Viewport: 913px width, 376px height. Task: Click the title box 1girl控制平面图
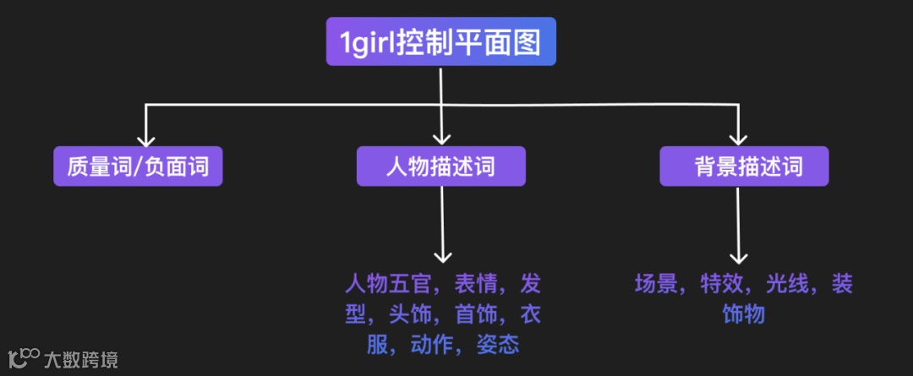click(440, 41)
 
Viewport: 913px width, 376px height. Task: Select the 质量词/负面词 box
click(138, 166)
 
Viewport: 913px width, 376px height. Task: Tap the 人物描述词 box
click(440, 166)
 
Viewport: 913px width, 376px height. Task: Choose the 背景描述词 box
click(744, 166)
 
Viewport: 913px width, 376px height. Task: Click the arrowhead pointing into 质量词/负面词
click(146, 139)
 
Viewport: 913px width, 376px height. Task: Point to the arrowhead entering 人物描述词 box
click(441, 139)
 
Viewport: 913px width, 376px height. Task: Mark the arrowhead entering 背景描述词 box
click(739, 139)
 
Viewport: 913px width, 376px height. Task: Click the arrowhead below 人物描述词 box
click(441, 256)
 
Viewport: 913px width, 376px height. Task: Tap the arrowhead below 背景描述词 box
click(739, 256)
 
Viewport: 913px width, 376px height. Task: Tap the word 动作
click(432, 345)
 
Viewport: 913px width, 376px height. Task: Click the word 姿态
click(499, 345)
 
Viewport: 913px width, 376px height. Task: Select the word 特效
click(723, 283)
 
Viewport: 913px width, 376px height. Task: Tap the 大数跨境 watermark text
click(81, 360)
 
